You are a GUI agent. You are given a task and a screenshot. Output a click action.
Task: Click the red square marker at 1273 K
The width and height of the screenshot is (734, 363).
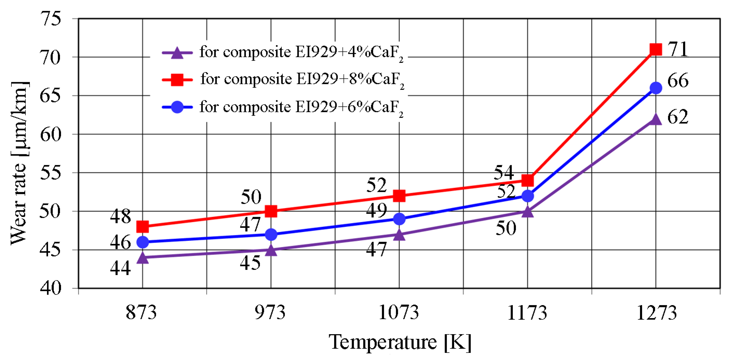(656, 49)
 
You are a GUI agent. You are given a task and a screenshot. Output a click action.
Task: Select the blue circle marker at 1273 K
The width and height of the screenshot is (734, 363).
(656, 88)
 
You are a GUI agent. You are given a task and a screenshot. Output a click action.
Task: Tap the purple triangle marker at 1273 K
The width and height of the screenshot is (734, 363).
(656, 119)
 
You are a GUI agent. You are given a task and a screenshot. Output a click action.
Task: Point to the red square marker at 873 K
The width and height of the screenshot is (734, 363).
(142, 227)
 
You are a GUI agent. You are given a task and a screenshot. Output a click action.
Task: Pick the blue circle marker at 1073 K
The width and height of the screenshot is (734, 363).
(399, 219)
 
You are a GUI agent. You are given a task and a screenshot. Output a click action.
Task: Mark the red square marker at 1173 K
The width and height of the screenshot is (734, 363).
(527, 180)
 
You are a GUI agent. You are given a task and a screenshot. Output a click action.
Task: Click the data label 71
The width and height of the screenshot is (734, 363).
(678, 49)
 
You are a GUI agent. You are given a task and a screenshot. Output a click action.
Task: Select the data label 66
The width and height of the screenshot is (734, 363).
(678, 81)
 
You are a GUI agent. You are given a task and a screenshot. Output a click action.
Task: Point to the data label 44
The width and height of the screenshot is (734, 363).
(120, 268)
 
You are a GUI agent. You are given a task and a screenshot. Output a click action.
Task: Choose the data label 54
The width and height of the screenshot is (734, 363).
(504, 172)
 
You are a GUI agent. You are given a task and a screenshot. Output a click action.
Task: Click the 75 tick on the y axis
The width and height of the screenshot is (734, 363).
(50, 19)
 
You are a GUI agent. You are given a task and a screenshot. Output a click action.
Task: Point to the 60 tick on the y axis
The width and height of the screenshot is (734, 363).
(50, 134)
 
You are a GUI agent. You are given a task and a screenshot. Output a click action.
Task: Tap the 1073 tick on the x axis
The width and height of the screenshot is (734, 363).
(399, 313)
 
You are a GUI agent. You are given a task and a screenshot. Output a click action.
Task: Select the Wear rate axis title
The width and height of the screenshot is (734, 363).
(19, 163)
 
